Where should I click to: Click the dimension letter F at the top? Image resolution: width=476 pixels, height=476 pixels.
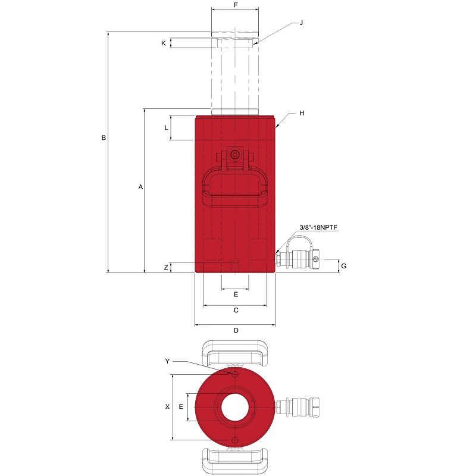pyautogui.click(x=236, y=5)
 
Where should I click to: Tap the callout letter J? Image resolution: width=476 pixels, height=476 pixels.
pyautogui.click(x=301, y=23)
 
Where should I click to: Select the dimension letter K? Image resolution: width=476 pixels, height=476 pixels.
pyautogui.click(x=163, y=43)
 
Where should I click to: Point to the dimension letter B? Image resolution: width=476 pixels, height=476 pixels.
pyautogui.click(x=104, y=137)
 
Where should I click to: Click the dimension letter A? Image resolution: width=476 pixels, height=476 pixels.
pyautogui.click(x=140, y=187)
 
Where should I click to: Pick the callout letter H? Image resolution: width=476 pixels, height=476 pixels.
pyautogui.click(x=302, y=113)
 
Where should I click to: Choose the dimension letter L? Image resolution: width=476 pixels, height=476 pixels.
pyautogui.click(x=166, y=128)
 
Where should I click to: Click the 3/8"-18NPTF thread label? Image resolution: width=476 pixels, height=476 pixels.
pyautogui.click(x=318, y=227)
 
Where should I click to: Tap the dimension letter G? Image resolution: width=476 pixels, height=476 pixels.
pyautogui.click(x=344, y=266)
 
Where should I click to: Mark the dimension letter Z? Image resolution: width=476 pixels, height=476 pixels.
pyautogui.click(x=166, y=267)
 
